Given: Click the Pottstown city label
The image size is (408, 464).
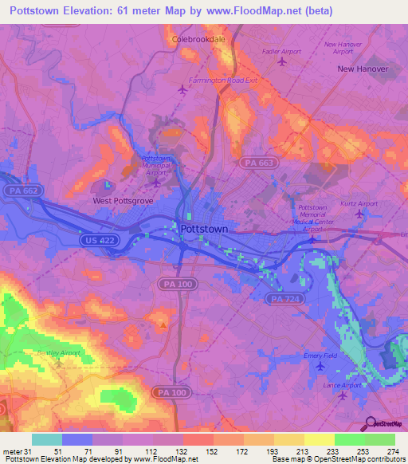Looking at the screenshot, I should point(205,229).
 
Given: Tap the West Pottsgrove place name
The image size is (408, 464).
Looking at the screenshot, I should point(124,201).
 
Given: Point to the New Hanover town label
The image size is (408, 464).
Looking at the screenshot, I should point(363,69).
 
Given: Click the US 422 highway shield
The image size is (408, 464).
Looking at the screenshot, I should point(96,239).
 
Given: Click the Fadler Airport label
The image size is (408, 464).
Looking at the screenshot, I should point(281,51).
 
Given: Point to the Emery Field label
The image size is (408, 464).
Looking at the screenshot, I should point(320,356).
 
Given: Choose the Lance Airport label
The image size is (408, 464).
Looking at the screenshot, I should point(342,385).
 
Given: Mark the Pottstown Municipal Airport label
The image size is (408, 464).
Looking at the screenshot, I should point(156,165).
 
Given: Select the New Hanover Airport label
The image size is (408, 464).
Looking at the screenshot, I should point(343,47).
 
